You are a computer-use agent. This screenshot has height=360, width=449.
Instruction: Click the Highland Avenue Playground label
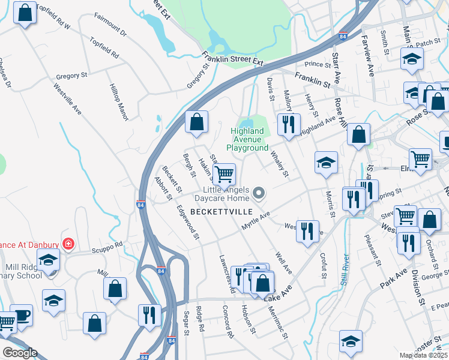247,139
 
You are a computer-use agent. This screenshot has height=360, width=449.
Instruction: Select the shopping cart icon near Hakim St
224,175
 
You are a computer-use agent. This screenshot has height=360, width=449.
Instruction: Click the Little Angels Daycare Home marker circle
259,193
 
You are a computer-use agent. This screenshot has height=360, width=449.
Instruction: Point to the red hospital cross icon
69,244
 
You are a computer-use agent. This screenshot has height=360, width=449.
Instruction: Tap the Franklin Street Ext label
234,61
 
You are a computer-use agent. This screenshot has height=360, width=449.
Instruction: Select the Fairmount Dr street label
110,30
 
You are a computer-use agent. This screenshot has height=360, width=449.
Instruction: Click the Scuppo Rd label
107,245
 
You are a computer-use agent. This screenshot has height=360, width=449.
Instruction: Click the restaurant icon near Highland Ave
289,124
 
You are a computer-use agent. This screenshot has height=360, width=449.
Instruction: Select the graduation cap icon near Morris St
326,162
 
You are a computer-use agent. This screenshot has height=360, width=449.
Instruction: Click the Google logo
20,353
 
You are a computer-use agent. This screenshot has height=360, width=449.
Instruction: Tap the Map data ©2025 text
423,355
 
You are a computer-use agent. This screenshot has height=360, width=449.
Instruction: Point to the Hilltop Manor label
119,102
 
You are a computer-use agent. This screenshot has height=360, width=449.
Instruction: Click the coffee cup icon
22,316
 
